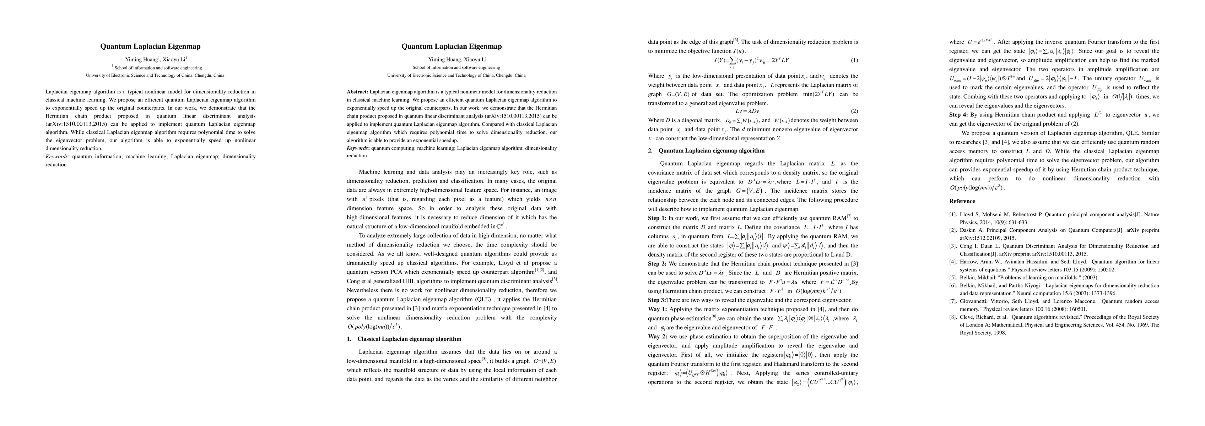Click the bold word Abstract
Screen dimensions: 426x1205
[x=357, y=92]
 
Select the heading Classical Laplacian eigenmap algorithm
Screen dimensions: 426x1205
[x=409, y=339]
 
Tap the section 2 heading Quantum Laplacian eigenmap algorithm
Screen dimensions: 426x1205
[x=711, y=151]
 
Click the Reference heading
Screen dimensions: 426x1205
[x=962, y=201]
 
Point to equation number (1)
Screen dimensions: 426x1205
[x=854, y=60]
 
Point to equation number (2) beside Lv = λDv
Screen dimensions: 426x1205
[x=854, y=111]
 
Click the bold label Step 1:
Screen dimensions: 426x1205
[x=657, y=218]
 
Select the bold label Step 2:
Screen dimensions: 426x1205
[x=657, y=264]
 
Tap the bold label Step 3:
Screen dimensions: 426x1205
[x=657, y=300]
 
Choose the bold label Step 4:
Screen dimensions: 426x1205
[x=958, y=115]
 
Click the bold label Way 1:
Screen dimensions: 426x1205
[x=657, y=309]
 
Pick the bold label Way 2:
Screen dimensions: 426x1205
[x=657, y=336]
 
